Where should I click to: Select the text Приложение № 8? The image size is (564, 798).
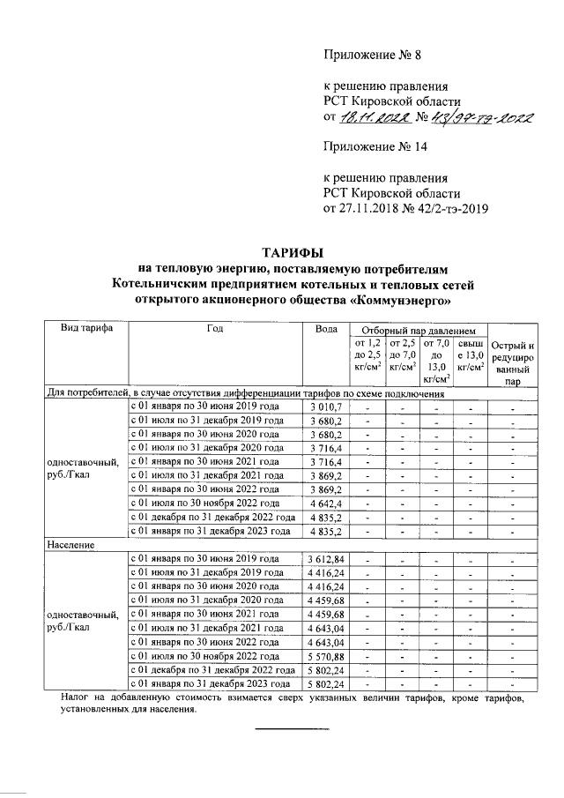coord(374,55)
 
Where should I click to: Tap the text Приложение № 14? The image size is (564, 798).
coord(377,146)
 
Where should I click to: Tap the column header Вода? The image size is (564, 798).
coord(326,328)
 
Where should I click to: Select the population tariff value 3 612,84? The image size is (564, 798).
coord(328,560)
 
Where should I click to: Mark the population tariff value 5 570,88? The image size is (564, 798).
coord(328,656)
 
